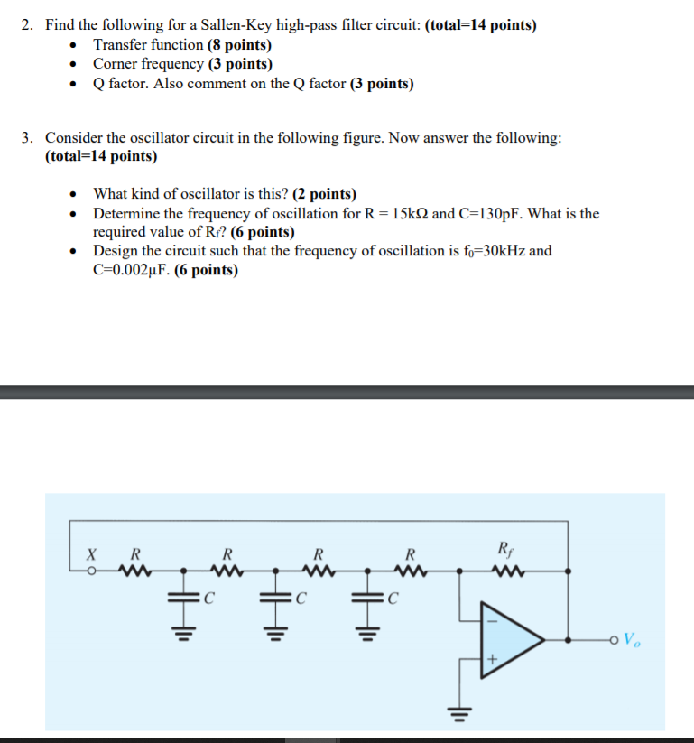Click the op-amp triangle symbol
[510, 640]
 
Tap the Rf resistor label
[504, 547]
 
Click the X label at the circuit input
[90, 553]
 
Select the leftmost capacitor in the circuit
[184, 596]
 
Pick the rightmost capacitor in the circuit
[369, 596]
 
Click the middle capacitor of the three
[276, 596]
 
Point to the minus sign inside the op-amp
[493, 621]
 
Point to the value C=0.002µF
[131, 269]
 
